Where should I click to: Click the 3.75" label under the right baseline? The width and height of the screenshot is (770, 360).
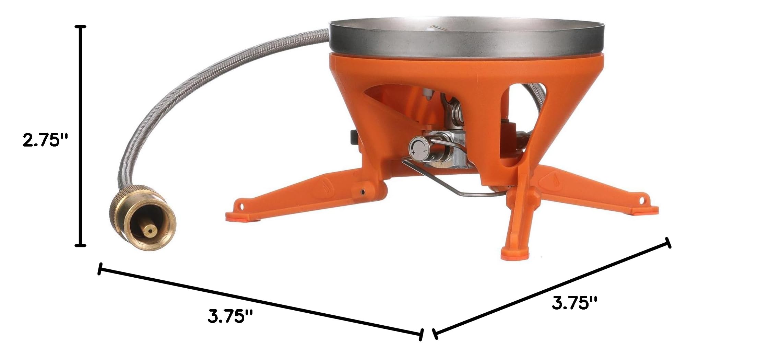pyautogui.click(x=574, y=303)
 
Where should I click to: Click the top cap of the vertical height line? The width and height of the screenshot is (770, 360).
pyautogui.click(x=81, y=26)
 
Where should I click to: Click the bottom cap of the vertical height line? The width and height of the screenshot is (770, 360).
pyautogui.click(x=81, y=245)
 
